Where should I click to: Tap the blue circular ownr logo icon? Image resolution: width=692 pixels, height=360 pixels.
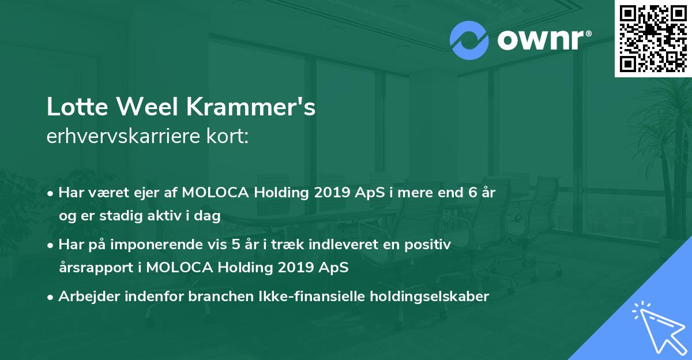point(469,40)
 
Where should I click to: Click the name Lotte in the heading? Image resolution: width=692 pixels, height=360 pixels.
point(74,107)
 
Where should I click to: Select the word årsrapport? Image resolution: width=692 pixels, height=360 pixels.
point(94,268)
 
